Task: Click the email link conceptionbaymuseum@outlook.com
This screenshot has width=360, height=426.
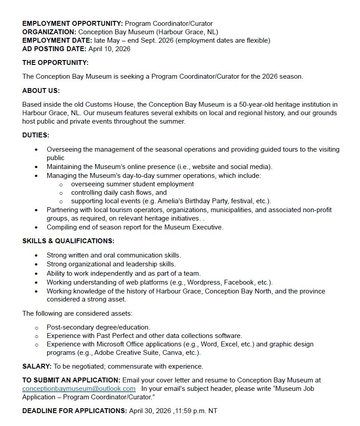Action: (x=79, y=389)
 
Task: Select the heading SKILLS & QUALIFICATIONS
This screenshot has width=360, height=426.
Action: (x=68, y=241)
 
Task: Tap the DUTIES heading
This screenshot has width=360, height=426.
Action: (x=36, y=135)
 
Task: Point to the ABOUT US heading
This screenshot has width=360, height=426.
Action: (x=41, y=91)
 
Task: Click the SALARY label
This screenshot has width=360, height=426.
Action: (x=37, y=366)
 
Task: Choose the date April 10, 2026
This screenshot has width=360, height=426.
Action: (x=109, y=49)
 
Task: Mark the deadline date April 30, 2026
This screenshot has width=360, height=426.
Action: (x=150, y=411)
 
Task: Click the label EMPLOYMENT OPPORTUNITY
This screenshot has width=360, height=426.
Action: (x=73, y=24)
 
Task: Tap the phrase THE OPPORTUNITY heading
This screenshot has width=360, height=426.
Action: (x=55, y=63)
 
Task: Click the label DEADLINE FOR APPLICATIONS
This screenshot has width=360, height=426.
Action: (x=75, y=411)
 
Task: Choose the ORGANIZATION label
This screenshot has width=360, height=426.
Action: (x=49, y=32)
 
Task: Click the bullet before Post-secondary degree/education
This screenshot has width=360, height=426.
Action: (x=36, y=328)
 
